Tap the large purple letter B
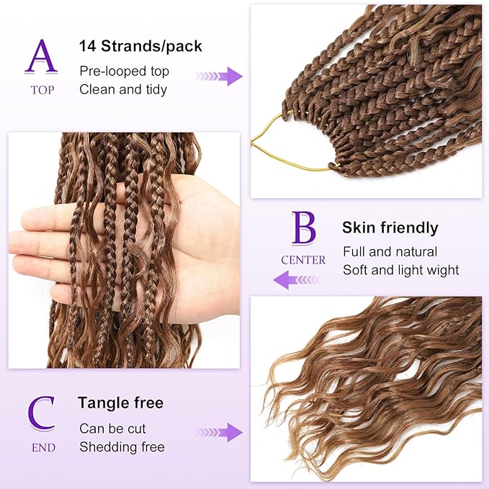(x=303, y=229)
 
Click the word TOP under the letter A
(x=42, y=90)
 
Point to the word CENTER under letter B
(x=303, y=260)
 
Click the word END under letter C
(x=42, y=447)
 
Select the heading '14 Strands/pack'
(x=140, y=47)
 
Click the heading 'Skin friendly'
(x=390, y=228)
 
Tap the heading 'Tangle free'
(x=121, y=403)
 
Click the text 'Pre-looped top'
(x=124, y=71)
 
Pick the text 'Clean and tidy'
(x=123, y=89)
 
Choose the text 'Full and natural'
(x=390, y=252)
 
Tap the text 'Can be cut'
(x=112, y=429)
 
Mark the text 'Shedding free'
(x=122, y=447)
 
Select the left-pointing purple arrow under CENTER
(x=295, y=279)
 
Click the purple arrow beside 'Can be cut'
(x=220, y=433)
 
